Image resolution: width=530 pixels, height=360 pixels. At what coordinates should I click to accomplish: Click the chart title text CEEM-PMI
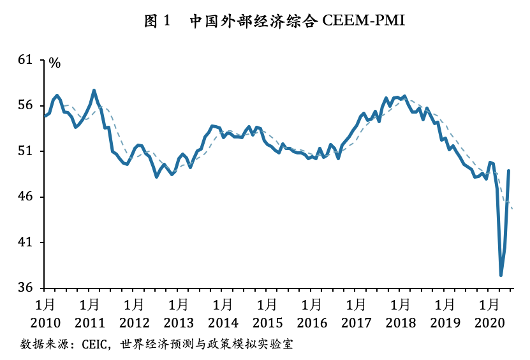(x=364, y=20)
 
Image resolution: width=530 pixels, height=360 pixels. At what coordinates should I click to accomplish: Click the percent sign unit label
(x=55, y=63)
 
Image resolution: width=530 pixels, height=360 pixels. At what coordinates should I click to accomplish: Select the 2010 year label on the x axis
(x=45, y=322)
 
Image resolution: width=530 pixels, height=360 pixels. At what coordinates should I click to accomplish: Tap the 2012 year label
(x=134, y=322)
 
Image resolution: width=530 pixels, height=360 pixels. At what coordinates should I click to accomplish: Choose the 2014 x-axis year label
(x=223, y=322)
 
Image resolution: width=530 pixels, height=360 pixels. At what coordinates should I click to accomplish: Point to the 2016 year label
(x=313, y=322)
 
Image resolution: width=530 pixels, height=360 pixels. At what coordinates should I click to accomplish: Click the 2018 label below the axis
(x=401, y=322)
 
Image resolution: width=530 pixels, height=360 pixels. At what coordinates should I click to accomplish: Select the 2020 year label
(x=490, y=322)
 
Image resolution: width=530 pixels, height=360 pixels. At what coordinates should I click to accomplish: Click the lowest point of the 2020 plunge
(x=501, y=275)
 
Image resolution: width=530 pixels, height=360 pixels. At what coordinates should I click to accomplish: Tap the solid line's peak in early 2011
(x=94, y=91)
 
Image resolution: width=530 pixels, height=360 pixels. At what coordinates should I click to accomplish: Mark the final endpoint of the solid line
(x=508, y=170)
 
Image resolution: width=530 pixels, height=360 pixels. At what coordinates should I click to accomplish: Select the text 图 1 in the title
(x=157, y=20)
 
